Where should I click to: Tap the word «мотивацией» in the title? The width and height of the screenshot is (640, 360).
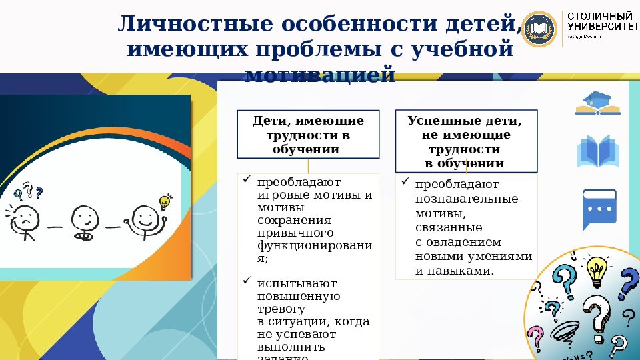click(x=321, y=74)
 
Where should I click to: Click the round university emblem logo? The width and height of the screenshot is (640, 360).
click(x=541, y=30)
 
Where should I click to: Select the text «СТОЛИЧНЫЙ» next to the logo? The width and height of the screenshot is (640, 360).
click(x=599, y=15)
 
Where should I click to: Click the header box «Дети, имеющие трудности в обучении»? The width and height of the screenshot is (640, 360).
click(x=308, y=135)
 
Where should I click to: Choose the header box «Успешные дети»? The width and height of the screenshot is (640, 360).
click(x=465, y=141)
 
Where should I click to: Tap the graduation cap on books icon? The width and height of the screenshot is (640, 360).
click(x=597, y=103)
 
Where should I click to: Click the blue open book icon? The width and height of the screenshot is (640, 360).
click(x=598, y=152)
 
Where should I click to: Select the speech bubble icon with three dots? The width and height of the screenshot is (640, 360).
click(x=599, y=209)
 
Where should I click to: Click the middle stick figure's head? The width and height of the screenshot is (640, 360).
click(x=85, y=217)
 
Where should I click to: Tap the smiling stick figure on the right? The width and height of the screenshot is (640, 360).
click(x=145, y=220)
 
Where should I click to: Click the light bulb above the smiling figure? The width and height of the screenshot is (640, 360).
click(x=164, y=202)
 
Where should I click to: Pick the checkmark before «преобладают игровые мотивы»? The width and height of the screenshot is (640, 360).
click(x=247, y=179)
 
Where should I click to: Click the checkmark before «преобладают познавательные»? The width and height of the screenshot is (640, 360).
click(x=405, y=181)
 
